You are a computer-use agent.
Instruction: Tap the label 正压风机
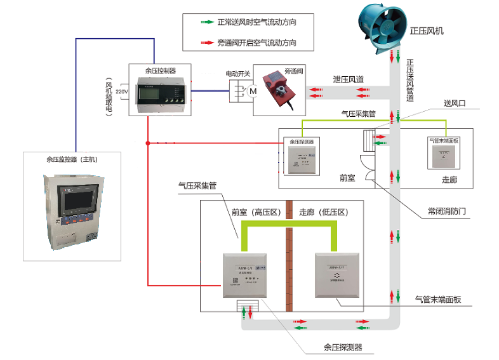tap(427, 30)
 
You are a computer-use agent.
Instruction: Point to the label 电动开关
tap(238, 73)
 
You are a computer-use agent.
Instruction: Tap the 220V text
tap(122, 92)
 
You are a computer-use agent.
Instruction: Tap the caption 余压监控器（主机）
tap(73, 159)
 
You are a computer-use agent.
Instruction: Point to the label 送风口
tap(455, 102)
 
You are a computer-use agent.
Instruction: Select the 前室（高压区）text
tap(255, 211)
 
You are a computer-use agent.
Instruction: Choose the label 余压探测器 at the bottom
tap(342, 347)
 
